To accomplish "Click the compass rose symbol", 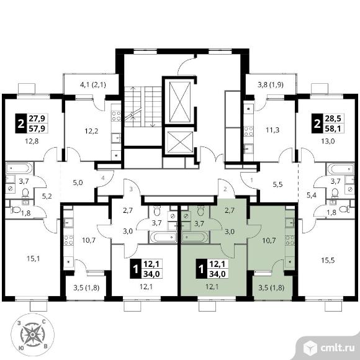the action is [32, 335].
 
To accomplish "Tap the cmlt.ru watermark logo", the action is [328, 348].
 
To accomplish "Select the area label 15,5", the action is [328, 260].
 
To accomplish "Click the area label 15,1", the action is [34, 259].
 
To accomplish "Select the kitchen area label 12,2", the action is [91, 131].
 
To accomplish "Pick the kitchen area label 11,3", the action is [272, 130].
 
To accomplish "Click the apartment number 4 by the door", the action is [103, 178].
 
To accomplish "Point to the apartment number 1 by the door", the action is [251, 180].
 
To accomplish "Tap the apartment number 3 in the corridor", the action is [131, 189].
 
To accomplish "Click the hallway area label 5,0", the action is [78, 183].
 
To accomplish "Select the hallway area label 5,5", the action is [277, 184].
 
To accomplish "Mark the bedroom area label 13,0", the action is [328, 141].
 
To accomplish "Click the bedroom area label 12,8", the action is [32, 141].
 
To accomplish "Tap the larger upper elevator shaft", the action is [180, 102].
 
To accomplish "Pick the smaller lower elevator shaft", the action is [180, 142].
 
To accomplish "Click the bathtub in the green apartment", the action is [195, 237].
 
